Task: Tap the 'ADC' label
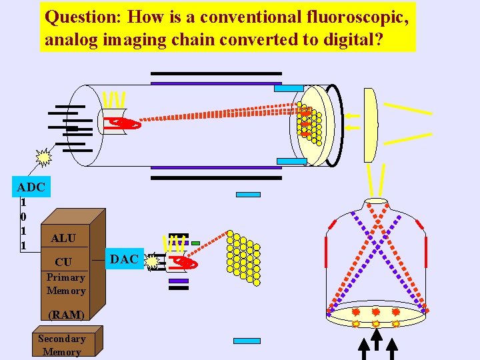click(x=31, y=187)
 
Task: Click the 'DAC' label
click(x=124, y=259)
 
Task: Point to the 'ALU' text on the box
click(x=63, y=238)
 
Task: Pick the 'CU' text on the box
click(x=63, y=262)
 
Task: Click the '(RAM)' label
click(x=66, y=315)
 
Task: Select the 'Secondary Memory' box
click(x=62, y=345)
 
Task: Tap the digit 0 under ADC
click(x=23, y=217)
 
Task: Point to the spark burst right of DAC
click(x=153, y=262)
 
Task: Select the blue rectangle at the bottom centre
click(x=247, y=341)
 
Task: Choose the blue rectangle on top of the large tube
click(x=289, y=88)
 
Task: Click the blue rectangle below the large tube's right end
click(x=291, y=161)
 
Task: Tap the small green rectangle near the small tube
click(x=195, y=243)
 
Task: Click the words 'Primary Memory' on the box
click(x=66, y=284)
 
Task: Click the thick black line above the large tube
click(x=216, y=73)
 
